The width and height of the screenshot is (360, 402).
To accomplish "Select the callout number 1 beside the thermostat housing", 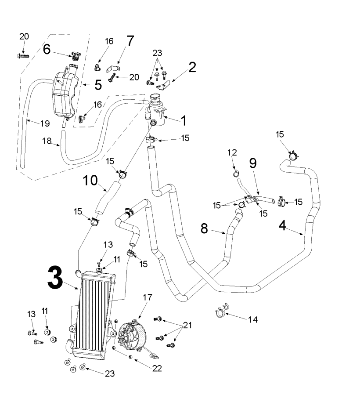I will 183,120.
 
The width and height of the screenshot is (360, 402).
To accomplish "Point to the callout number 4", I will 283,225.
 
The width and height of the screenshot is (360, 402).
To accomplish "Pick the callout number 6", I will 47,49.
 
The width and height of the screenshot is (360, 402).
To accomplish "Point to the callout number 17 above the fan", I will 148,297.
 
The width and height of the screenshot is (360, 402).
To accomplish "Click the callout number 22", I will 157,368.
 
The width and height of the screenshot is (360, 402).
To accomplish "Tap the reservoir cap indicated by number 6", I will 76,56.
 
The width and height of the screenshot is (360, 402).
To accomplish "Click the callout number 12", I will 232,152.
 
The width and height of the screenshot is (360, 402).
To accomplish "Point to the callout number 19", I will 45,124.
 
